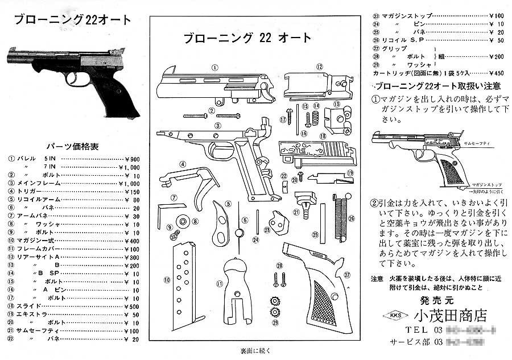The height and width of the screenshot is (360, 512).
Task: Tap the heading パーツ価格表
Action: tap(72, 146)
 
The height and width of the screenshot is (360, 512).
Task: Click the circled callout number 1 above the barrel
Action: tap(214, 67)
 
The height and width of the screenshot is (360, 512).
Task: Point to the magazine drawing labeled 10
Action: tap(182, 279)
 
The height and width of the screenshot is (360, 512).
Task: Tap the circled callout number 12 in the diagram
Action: tap(320, 67)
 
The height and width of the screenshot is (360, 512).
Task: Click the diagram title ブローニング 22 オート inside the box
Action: tap(247, 39)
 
